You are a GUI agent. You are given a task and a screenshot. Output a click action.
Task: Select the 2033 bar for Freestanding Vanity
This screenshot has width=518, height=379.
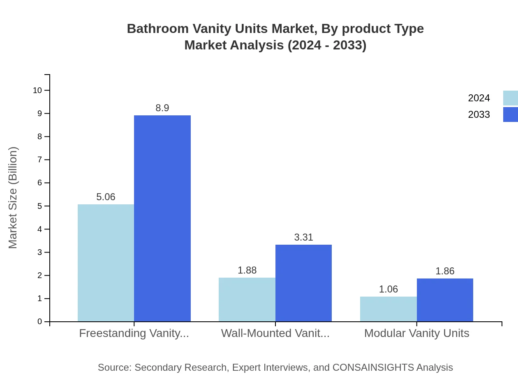162,218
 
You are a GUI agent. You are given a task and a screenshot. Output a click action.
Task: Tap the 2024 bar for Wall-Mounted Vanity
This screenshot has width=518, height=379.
247,299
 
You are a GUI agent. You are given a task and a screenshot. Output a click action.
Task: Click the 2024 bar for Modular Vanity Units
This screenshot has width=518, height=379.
388,309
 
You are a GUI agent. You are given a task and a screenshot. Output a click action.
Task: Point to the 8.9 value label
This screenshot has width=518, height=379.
162,108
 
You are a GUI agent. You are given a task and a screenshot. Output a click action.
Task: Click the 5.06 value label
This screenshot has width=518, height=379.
106,197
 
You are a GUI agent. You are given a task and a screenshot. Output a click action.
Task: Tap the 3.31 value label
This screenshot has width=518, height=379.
303,237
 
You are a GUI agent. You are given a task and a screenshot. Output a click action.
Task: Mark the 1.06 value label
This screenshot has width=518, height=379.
388,289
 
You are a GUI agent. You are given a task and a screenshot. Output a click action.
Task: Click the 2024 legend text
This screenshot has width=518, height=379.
479,98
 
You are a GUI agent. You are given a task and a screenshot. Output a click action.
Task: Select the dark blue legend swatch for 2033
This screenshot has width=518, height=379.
510,115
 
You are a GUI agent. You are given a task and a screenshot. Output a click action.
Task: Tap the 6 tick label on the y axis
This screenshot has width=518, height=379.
40,183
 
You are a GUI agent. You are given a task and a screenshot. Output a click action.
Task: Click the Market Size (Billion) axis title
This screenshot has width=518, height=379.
13,198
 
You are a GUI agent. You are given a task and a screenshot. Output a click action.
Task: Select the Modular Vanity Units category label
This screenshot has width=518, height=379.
416,333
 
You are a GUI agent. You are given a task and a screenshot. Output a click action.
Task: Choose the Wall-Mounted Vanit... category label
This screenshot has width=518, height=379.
275,333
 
